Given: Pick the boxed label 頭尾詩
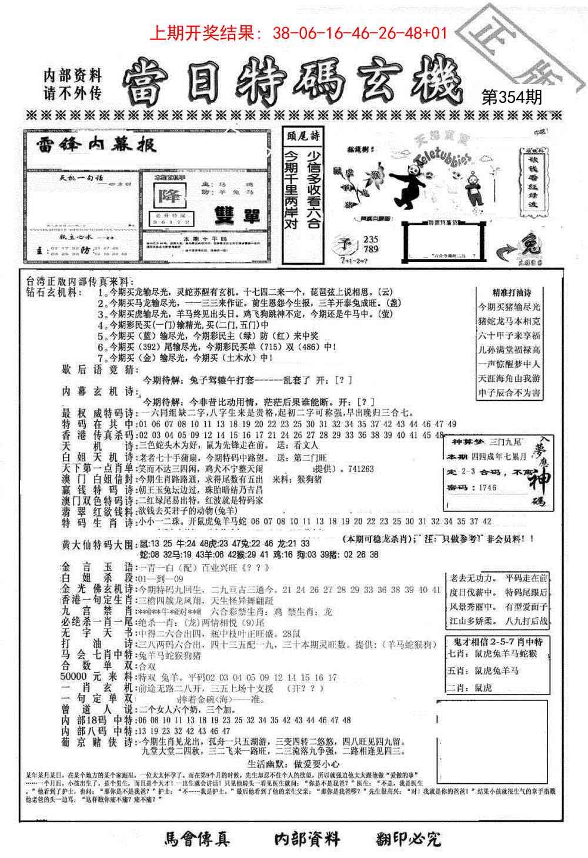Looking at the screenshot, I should click(x=299, y=136).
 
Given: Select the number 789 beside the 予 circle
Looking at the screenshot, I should click(x=372, y=249).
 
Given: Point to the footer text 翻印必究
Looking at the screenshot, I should click(x=408, y=839).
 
